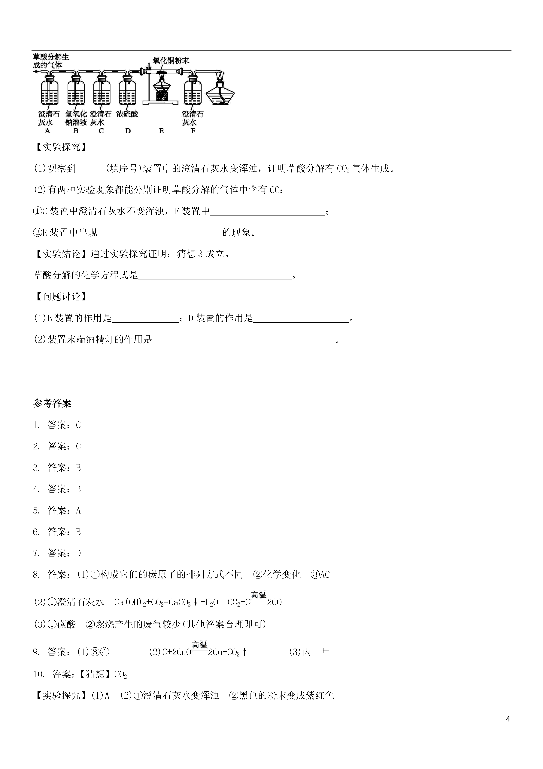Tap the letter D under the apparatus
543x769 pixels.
(x=128, y=131)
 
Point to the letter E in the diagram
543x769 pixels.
(x=161, y=131)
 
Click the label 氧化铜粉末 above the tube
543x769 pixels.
(x=171, y=60)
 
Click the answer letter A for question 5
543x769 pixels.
(x=78, y=510)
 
